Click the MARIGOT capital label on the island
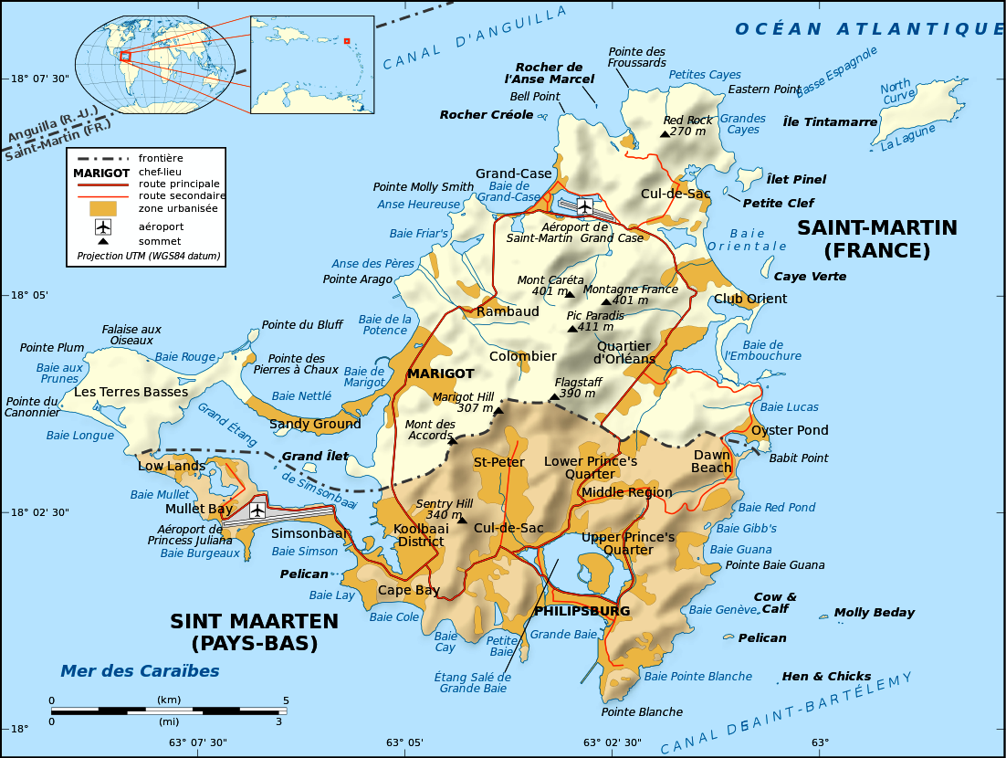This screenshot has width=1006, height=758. pos(440,374)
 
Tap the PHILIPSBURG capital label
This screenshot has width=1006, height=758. pos(582,610)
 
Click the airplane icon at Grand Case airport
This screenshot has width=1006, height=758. pos(584,205)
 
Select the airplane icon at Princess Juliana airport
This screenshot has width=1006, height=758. pos(257,510)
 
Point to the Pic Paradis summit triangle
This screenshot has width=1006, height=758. pos(572,328)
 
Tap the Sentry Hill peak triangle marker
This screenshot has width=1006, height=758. pos(462,520)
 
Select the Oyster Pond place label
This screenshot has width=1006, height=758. pos(790,430)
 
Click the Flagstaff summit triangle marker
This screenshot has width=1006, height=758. pos(553,396)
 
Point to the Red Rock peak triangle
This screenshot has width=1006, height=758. pos(665,133)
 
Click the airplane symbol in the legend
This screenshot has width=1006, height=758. pos(103,226)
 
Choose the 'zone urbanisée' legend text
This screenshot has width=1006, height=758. pos(178,208)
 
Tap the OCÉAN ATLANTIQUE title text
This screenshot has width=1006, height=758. pos(869,29)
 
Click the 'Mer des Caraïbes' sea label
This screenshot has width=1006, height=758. pos(140,671)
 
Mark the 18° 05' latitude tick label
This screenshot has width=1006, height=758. pos(29,295)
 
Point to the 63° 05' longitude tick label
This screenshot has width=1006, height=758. pos(403,742)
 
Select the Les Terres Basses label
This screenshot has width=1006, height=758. pos(131,392)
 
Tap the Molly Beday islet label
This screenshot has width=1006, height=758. pos(874,613)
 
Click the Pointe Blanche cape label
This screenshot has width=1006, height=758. pos(642,711)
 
